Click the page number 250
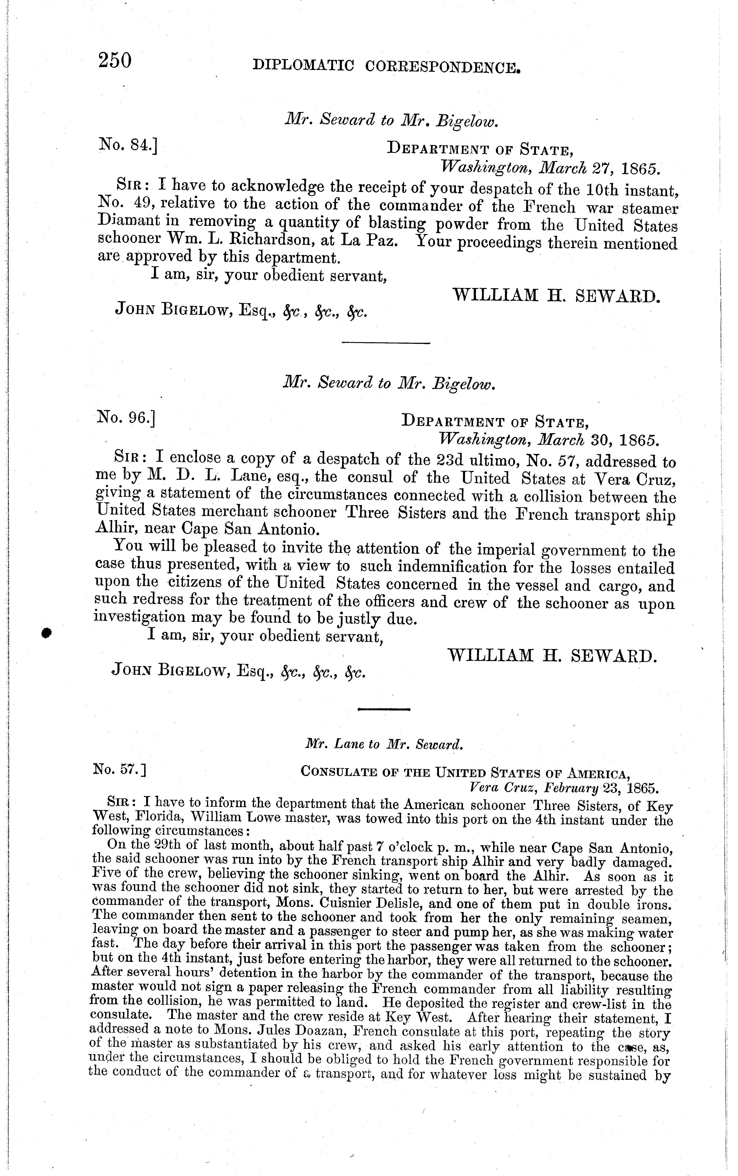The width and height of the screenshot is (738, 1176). [x=115, y=62]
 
